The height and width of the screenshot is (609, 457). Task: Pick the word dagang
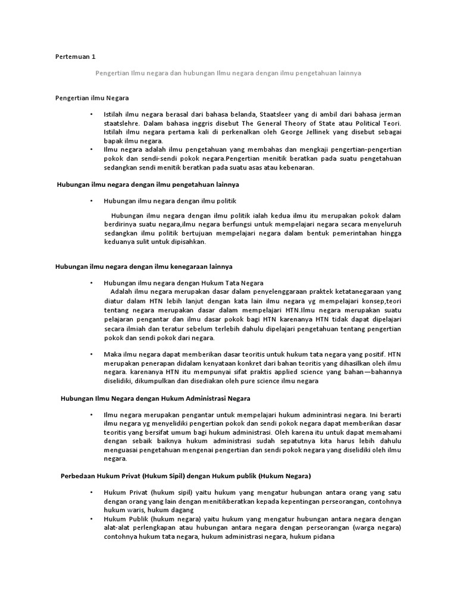(x=183, y=510)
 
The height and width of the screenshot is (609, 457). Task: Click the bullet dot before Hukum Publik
(x=92, y=519)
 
